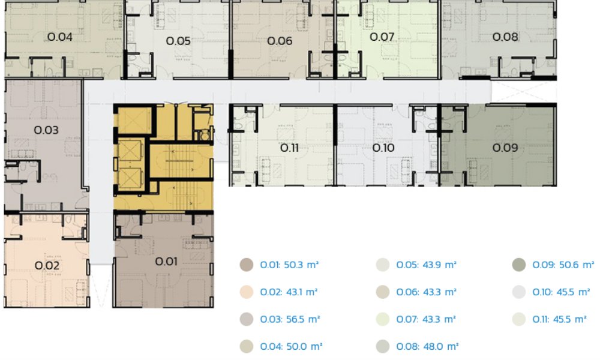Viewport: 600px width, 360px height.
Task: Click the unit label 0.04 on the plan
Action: [60, 37]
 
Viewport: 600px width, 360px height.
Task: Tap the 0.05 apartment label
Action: [178, 41]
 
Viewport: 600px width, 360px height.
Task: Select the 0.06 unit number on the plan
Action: [280, 41]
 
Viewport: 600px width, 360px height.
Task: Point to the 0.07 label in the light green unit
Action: [382, 37]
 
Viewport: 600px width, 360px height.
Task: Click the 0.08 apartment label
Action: [505, 37]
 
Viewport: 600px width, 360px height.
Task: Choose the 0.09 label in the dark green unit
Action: [505, 148]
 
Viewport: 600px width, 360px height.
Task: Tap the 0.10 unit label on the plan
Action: [383, 148]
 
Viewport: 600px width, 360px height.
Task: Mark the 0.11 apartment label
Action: [289, 148]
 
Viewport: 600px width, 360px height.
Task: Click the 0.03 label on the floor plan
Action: [46, 130]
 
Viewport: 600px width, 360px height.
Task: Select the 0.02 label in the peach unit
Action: [47, 266]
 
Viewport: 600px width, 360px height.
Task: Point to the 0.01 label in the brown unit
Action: [166, 262]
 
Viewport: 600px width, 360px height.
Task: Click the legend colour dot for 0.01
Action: [247, 265]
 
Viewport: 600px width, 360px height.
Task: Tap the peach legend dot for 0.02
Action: [247, 292]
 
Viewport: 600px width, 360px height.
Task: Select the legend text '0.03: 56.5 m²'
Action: [290, 319]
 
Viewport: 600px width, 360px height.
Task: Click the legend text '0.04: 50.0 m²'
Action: [291, 346]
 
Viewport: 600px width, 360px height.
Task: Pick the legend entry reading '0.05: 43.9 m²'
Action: [426, 265]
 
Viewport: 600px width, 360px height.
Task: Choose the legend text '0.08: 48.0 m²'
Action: [427, 346]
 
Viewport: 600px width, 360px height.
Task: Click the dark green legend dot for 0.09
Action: [519, 265]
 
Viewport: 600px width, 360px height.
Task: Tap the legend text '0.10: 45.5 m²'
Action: [562, 292]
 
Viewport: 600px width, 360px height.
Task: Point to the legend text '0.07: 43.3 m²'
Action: [426, 319]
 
